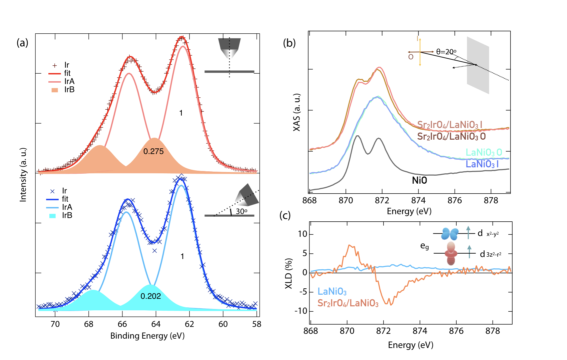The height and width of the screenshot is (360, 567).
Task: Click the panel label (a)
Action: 22,43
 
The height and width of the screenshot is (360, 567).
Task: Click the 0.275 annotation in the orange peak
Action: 153,151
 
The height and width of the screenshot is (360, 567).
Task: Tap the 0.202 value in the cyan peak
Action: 151,296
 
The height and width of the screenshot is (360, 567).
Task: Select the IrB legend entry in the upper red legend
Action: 69,90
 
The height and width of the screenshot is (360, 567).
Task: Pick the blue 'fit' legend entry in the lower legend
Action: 65,199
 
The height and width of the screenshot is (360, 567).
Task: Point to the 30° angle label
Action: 241,211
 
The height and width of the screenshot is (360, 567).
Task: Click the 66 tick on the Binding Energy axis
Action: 122,324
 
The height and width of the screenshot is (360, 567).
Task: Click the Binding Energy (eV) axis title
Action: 147,336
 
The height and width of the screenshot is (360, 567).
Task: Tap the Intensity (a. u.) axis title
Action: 23,175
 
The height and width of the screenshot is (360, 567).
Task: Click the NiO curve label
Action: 419,180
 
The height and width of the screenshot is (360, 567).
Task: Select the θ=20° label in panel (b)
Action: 446,52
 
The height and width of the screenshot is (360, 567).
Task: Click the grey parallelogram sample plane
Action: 478,65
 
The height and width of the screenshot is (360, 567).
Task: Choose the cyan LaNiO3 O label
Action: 484,152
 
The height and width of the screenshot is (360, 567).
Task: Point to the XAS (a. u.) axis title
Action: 297,112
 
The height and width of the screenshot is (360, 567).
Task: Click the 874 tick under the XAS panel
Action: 418,200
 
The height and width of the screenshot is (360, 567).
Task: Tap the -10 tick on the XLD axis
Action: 301,311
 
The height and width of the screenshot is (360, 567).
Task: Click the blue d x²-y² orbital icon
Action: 449,234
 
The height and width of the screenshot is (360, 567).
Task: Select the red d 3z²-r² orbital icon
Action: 451,254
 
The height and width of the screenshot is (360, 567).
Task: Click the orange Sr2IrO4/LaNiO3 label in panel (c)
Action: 348,303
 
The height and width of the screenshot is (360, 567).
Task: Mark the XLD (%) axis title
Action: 289,273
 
